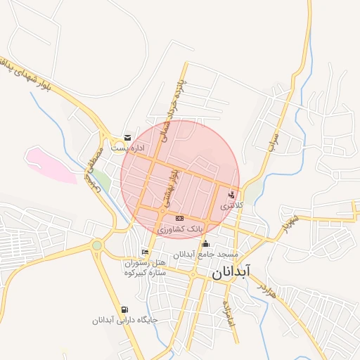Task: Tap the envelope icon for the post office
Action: [127, 138]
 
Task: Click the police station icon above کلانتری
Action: [233, 194]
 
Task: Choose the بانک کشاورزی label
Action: [179, 229]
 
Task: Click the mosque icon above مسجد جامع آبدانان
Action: [205, 244]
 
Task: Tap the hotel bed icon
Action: [145, 252]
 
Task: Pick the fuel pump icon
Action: [125, 309]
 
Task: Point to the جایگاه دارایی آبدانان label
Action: [124, 321]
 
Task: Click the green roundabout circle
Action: [96, 245]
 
